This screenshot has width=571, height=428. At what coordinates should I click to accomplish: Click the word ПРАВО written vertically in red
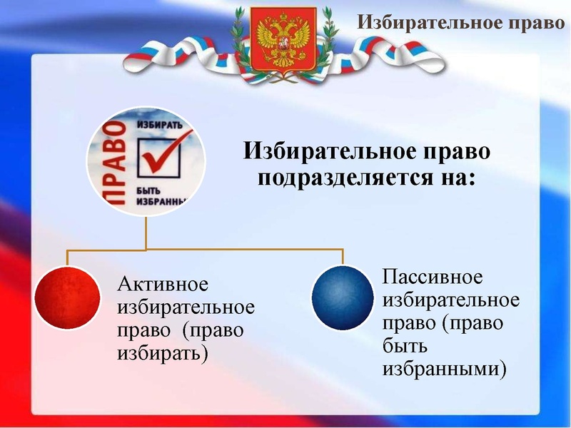coord(112,163)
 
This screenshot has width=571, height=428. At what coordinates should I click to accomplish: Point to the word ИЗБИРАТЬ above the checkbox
coord(152,124)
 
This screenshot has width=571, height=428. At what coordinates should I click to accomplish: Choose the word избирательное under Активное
coord(185,307)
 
